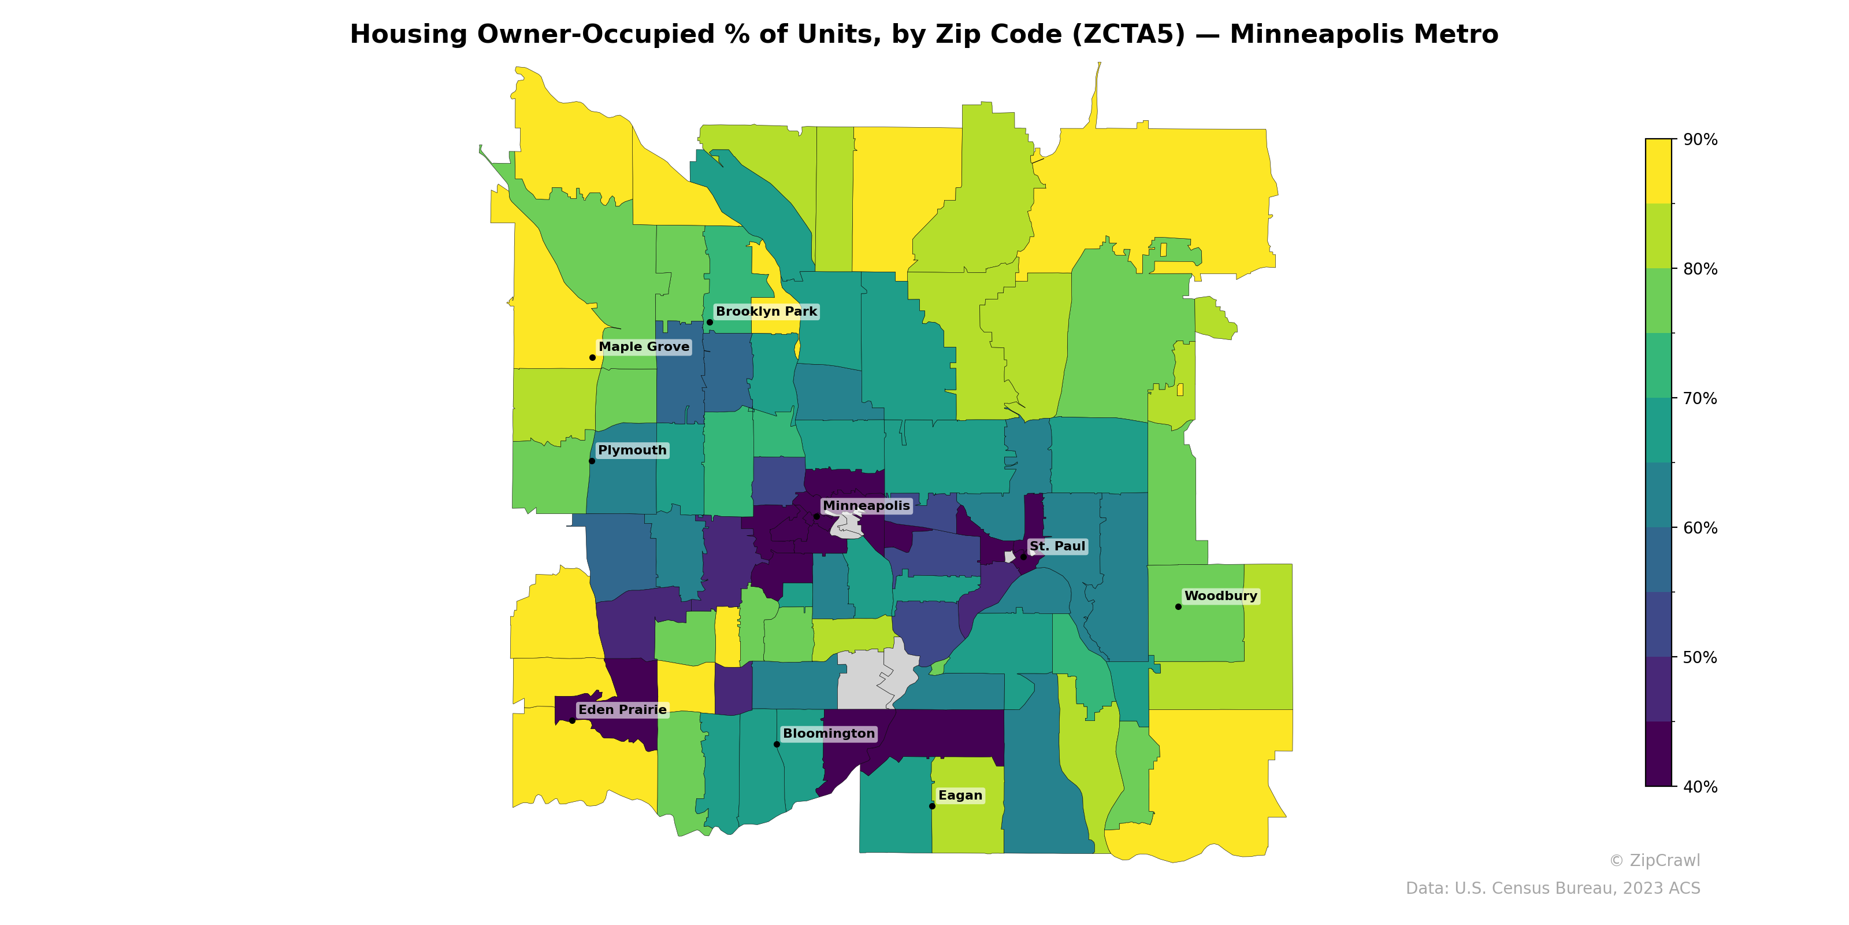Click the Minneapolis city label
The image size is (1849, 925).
pyautogui.click(x=866, y=506)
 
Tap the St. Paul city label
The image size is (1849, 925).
pyautogui.click(x=1057, y=546)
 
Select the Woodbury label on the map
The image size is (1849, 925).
pyautogui.click(x=1220, y=596)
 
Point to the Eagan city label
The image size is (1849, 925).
pyautogui.click(x=960, y=795)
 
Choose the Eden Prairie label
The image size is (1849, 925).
pyautogui.click(x=622, y=709)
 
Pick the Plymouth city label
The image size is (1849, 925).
pyautogui.click(x=632, y=450)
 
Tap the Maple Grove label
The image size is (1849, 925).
pyautogui.click(x=644, y=347)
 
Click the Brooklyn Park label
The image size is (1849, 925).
pyautogui.click(x=766, y=312)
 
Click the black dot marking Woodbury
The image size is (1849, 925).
pyautogui.click(x=1178, y=607)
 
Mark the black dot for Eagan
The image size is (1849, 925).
pyautogui.click(x=931, y=806)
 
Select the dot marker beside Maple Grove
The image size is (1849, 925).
pyautogui.click(x=592, y=358)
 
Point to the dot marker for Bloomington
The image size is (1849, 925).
pyautogui.click(x=777, y=744)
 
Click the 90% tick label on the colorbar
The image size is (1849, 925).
pyautogui.click(x=1700, y=139)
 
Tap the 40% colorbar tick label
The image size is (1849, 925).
pyautogui.click(x=1700, y=786)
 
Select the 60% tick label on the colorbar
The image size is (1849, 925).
pyautogui.click(x=1700, y=528)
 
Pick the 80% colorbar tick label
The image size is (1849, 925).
pyautogui.click(x=1700, y=269)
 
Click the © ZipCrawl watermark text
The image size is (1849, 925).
pyautogui.click(x=1654, y=860)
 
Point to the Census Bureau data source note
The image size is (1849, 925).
pyautogui.click(x=1553, y=889)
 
